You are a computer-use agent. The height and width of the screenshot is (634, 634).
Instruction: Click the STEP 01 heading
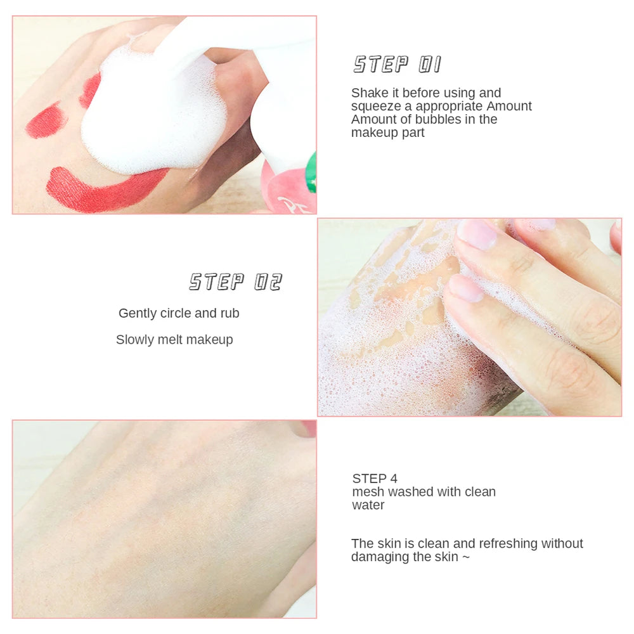click(397, 64)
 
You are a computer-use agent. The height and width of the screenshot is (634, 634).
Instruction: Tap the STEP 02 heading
click(235, 281)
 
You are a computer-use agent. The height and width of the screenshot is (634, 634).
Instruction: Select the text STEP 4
click(375, 478)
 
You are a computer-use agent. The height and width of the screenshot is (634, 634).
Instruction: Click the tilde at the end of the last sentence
click(466, 557)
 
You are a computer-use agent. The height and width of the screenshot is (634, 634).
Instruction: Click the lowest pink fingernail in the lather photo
click(466, 288)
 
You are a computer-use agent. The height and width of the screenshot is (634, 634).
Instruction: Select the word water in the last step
click(368, 505)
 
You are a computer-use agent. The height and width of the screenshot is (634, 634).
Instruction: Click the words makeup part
click(388, 133)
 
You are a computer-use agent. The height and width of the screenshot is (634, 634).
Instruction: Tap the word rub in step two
click(230, 313)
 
